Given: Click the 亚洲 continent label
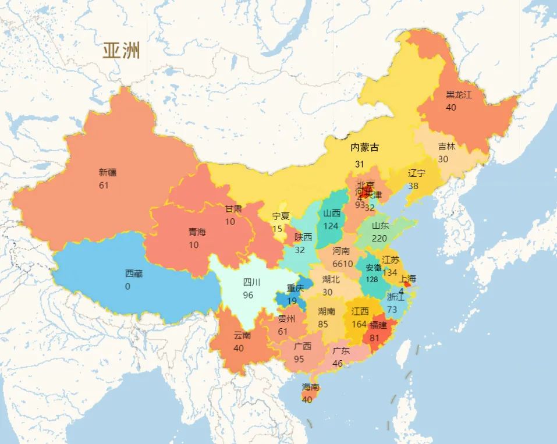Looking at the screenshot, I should click(122, 51).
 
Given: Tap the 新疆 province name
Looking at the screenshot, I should click(108, 172).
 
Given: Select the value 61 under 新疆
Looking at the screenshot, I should click(104, 186).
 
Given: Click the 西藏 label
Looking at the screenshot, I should click(133, 273).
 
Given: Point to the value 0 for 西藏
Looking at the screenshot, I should click(127, 286).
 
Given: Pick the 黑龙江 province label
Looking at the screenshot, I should click(459, 94).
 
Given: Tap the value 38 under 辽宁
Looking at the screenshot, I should click(413, 186).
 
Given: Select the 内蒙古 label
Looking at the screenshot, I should click(364, 148).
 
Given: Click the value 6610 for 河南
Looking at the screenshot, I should click(343, 264).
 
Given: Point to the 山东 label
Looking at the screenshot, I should click(381, 225).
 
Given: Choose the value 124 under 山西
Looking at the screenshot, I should click(331, 226).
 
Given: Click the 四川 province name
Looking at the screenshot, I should click(252, 282).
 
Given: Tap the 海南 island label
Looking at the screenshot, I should click(310, 387).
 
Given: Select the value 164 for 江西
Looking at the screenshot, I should click(360, 324).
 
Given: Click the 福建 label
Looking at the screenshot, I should click(378, 325).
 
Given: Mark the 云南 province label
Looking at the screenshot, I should click(242, 335).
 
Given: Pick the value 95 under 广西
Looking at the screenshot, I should click(299, 359).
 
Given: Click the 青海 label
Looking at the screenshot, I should click(197, 232).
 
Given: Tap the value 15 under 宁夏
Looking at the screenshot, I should click(277, 229).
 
